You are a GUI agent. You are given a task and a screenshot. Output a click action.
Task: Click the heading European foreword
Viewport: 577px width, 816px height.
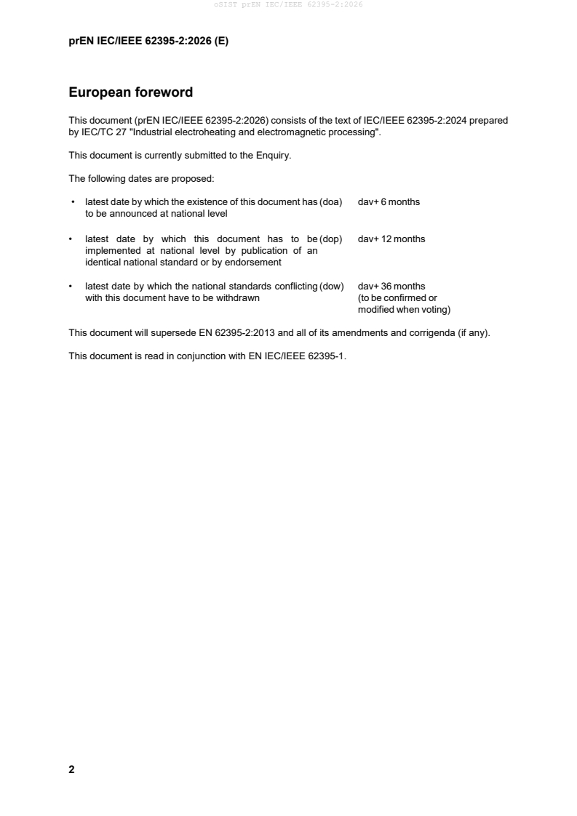(x=130, y=92)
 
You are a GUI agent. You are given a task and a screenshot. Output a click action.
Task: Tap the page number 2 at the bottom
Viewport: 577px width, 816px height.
(x=71, y=769)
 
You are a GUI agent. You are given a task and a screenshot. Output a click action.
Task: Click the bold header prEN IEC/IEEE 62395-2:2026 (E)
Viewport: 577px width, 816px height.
(x=148, y=41)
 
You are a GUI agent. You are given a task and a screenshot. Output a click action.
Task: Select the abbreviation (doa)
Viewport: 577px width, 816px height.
(x=331, y=201)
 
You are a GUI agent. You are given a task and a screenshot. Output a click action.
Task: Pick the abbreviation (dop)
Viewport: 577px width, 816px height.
(x=331, y=239)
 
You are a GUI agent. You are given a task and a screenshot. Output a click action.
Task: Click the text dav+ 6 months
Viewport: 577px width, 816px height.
(x=389, y=201)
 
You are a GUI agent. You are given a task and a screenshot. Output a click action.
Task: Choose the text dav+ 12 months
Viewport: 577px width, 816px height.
(x=391, y=239)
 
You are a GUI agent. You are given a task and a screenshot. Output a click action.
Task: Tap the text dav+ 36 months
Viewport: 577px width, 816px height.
(x=391, y=286)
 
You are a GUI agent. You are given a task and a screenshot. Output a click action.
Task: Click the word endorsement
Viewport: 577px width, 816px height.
(x=257, y=262)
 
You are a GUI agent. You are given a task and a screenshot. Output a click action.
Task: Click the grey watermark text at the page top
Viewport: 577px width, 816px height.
(x=288, y=4)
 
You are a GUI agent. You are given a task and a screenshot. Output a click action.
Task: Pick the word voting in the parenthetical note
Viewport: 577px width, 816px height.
(x=435, y=309)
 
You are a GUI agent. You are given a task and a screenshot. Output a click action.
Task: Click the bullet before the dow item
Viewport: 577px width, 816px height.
(x=71, y=286)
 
